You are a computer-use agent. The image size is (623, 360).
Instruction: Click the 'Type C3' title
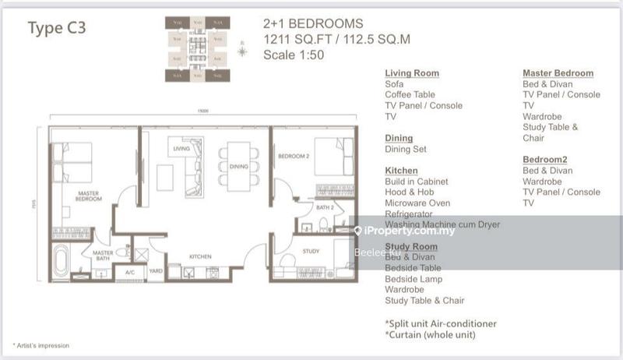tap(57, 29)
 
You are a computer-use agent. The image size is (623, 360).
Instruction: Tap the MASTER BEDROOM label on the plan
tap(88, 196)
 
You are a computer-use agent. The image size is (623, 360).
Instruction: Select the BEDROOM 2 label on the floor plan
tap(294, 156)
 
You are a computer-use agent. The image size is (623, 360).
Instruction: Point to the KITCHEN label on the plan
tap(201, 256)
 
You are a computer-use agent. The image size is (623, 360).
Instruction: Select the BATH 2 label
tap(325, 208)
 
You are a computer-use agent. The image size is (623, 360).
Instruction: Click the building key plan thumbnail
tap(199, 49)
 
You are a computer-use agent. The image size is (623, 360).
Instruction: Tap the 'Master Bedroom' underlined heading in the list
tap(558, 73)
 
